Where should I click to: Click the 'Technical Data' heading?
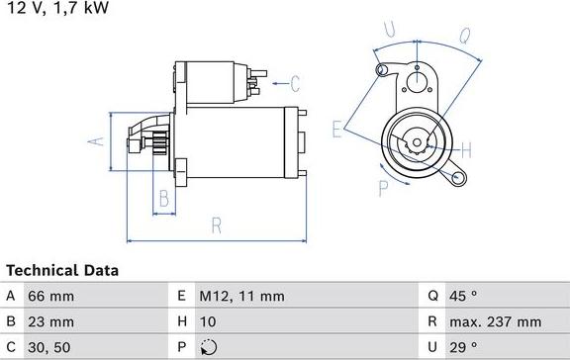click(62, 270)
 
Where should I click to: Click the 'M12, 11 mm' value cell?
click(243, 295)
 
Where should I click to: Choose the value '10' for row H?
click(211, 321)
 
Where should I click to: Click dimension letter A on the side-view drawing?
click(97, 141)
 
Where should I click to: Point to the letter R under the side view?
click(216, 225)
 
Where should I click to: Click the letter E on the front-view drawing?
click(337, 128)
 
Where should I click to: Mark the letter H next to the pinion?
click(466, 150)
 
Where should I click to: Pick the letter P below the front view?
click(382, 188)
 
